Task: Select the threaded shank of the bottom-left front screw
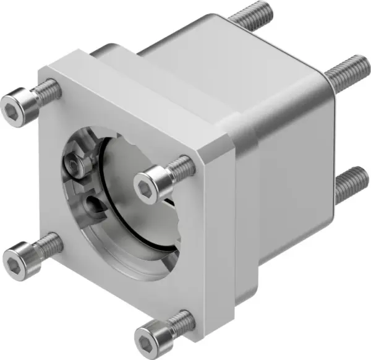click(x=49, y=242)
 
